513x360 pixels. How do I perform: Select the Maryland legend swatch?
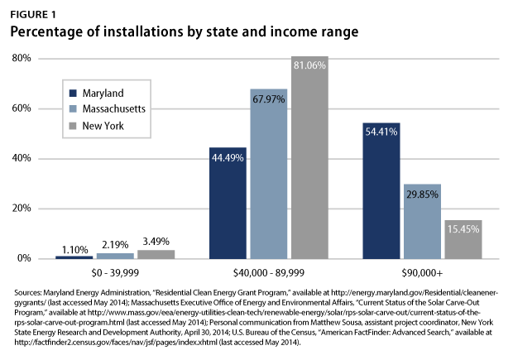(x=73, y=93)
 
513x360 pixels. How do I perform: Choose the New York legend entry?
(x=103, y=124)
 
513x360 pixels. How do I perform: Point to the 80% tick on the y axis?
(x=21, y=59)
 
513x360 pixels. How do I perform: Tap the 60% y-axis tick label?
(x=21, y=108)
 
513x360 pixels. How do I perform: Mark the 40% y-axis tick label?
(x=21, y=159)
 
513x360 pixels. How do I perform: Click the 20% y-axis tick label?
(x=21, y=209)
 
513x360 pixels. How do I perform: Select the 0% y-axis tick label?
(x=24, y=258)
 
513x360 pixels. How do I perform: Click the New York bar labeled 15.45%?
(x=463, y=239)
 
